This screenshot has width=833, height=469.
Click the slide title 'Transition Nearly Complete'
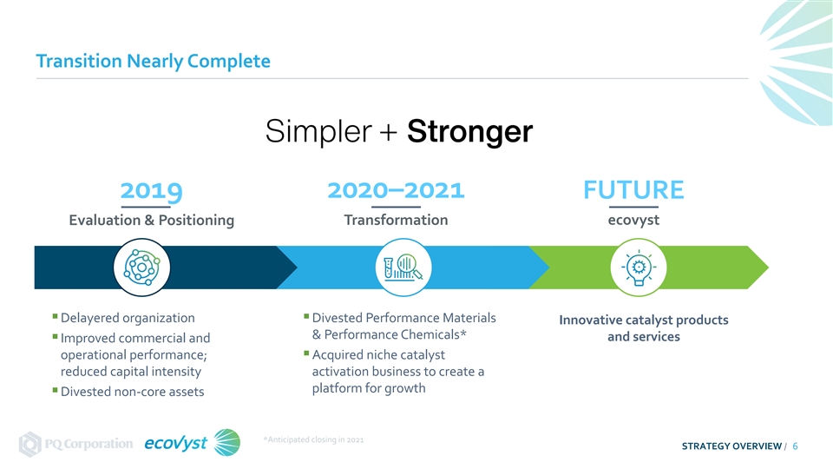click(x=153, y=61)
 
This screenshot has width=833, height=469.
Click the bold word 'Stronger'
click(x=469, y=131)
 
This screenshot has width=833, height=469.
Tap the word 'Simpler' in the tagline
click(x=318, y=131)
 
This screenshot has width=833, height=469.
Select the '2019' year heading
click(x=151, y=190)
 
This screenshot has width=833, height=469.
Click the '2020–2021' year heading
click(x=396, y=190)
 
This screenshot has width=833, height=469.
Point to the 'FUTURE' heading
click(x=633, y=190)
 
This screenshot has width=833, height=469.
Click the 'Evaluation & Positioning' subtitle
click(x=151, y=220)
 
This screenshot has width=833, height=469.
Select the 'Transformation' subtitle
click(x=396, y=220)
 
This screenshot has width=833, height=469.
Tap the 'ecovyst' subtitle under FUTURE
click(x=633, y=220)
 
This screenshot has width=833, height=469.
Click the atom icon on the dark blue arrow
click(x=141, y=267)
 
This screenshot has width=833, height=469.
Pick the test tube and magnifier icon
click(x=403, y=267)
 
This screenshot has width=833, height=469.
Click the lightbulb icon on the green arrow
click(x=639, y=267)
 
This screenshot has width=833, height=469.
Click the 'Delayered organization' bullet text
click(x=128, y=318)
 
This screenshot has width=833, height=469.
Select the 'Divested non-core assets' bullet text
click(x=132, y=392)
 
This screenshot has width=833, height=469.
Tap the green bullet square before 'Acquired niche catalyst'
click(x=306, y=353)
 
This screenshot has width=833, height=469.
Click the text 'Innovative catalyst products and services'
click(x=644, y=328)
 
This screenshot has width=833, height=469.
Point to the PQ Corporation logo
click(x=75, y=444)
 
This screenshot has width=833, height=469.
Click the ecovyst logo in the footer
click(x=192, y=442)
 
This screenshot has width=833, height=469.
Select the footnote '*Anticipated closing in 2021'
click(x=313, y=439)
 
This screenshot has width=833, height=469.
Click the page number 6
click(x=796, y=446)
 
